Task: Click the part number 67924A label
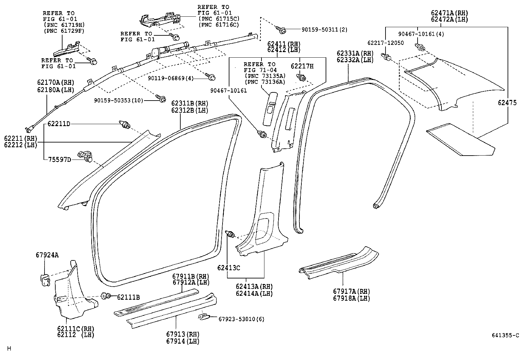pyautogui.click(x=47, y=255)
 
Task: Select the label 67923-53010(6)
pyautogui.click(x=241, y=319)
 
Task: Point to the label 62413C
pyautogui.click(x=229, y=268)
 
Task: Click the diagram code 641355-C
pyautogui.click(x=505, y=335)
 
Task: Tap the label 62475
pyautogui.click(x=507, y=103)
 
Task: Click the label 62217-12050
pyautogui.click(x=385, y=43)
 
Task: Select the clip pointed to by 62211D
pyautogui.click(x=125, y=125)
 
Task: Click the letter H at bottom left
pyautogui.click(x=9, y=349)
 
